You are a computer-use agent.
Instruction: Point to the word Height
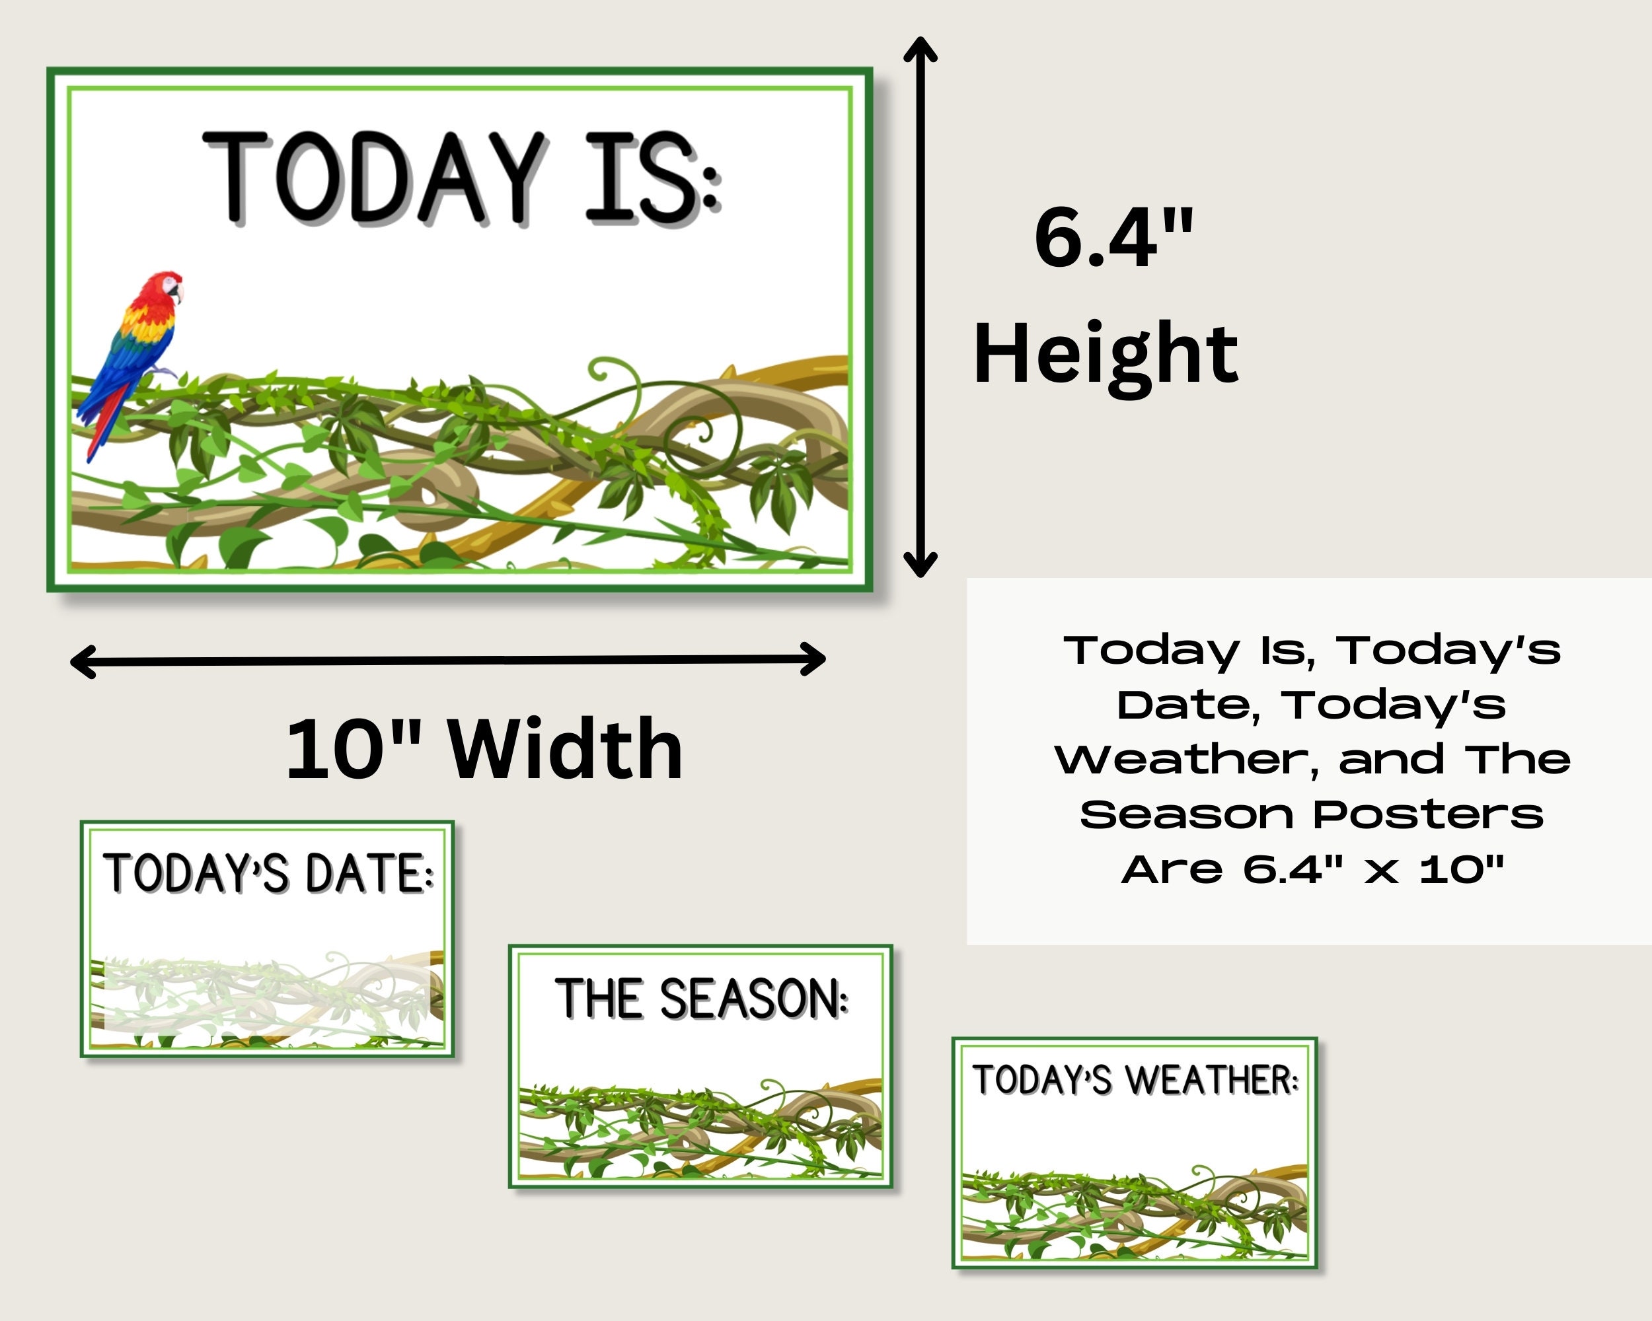point(1105,355)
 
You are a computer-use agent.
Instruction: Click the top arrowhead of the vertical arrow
point(920,48)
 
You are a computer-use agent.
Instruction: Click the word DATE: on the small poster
point(369,874)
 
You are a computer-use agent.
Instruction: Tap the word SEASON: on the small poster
point(753,999)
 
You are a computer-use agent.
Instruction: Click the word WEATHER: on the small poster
point(1211,1081)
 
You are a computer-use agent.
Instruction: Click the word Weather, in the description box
point(1187,760)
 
